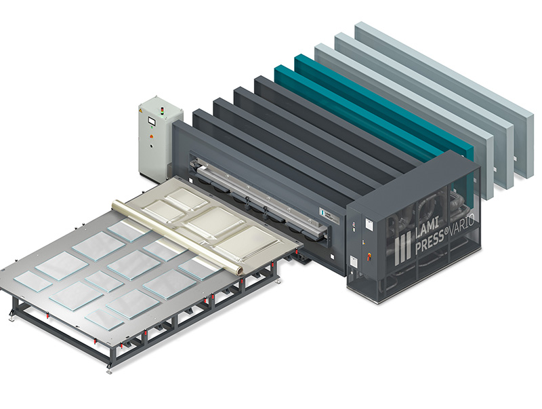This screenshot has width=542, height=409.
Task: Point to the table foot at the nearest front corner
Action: [x=108, y=369]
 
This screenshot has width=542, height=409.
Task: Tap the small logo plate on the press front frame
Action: [x=326, y=213]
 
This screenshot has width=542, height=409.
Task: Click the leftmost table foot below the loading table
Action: [x=12, y=315]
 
